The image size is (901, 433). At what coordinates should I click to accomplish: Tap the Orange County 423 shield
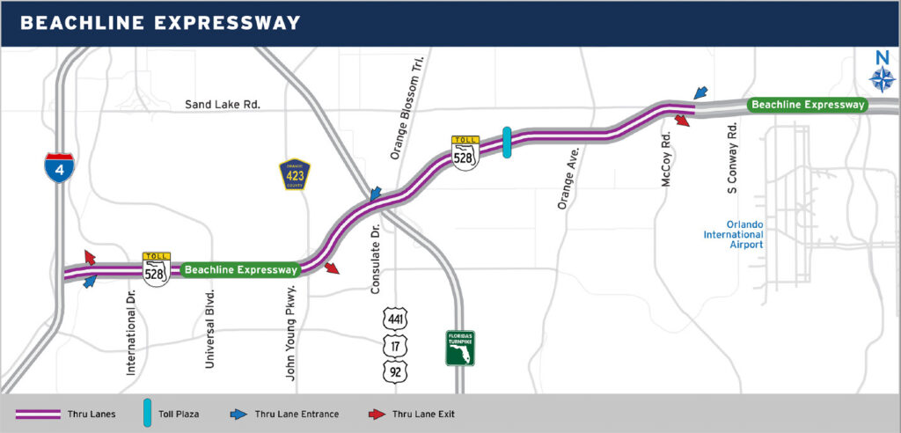click(295, 174)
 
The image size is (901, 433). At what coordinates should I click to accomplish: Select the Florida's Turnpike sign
click(459, 349)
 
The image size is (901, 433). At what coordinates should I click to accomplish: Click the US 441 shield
click(395, 317)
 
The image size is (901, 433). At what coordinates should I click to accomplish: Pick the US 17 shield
click(395, 344)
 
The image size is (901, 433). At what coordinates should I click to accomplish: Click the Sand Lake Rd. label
click(223, 105)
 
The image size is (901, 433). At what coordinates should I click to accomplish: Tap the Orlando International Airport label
click(732, 234)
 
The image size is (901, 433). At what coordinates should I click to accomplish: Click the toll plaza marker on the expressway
click(507, 143)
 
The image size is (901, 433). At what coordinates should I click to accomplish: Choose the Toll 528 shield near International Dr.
click(157, 268)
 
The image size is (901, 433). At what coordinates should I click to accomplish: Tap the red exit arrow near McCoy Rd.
click(682, 120)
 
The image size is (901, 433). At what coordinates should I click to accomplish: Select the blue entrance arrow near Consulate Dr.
click(375, 194)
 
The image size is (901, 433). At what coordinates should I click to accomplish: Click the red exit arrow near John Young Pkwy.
click(332, 268)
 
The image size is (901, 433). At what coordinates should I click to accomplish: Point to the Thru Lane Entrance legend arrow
click(238, 414)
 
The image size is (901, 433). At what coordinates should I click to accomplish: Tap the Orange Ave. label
click(562, 181)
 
